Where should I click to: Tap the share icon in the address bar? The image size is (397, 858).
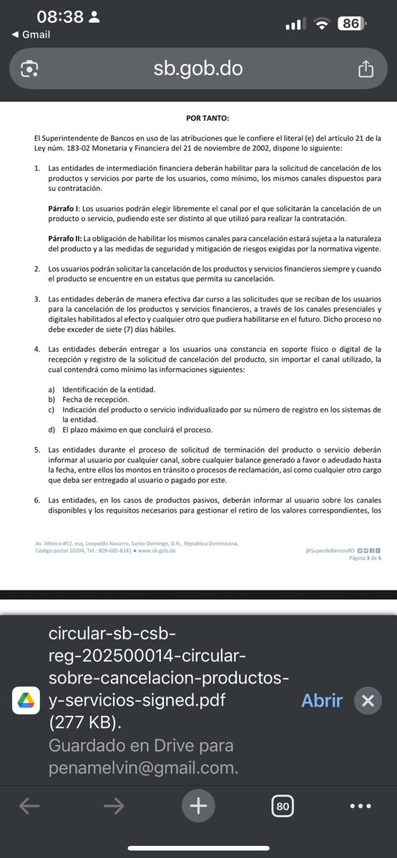pos(365,69)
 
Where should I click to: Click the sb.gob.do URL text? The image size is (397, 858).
pos(198,69)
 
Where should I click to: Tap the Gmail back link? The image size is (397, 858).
pos(31,34)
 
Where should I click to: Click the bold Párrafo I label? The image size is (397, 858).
pos(62,207)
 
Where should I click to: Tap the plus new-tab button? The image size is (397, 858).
pos(198,807)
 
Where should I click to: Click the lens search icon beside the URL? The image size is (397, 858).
pos(29,69)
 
